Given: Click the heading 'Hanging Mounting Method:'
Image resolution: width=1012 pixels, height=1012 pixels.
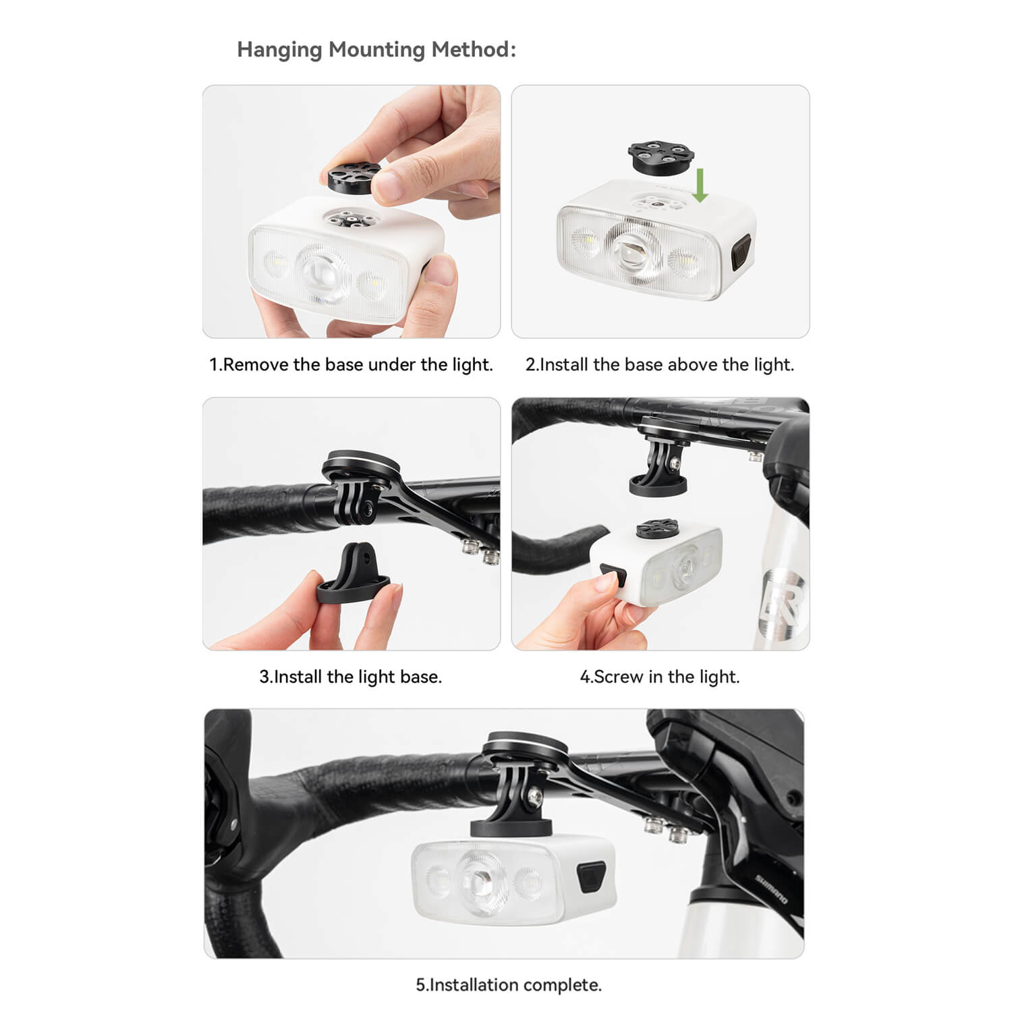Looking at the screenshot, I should click(x=376, y=50).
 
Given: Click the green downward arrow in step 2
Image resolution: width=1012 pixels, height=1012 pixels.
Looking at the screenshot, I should click(x=700, y=186).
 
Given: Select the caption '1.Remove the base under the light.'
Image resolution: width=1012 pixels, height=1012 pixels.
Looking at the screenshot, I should click(x=351, y=364).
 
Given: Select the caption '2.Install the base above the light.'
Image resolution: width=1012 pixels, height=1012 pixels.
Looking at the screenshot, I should click(x=660, y=364).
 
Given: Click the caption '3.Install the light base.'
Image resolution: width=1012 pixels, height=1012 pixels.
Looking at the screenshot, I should click(x=351, y=677).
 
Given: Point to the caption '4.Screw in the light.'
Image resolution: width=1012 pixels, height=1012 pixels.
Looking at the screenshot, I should click(x=660, y=677).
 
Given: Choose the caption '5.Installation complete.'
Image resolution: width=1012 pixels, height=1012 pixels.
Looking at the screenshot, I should click(x=508, y=985).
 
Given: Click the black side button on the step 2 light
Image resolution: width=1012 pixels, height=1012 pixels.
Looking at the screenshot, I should click(x=740, y=253).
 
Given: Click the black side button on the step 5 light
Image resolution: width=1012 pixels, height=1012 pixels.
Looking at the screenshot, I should click(x=590, y=878).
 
